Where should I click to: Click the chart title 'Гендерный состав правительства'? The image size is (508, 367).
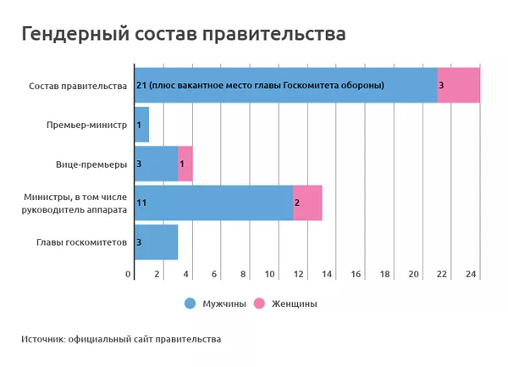(183, 34)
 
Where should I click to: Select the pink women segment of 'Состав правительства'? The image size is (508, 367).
(458, 85)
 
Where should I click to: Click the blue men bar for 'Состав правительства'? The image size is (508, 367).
(285, 85)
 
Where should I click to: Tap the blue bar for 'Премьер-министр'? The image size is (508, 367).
(141, 125)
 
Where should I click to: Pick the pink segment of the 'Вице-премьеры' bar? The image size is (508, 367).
(185, 164)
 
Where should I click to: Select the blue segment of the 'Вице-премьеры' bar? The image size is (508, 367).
(156, 164)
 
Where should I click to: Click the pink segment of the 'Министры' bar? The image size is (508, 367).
(307, 203)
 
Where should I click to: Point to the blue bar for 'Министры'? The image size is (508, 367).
(213, 203)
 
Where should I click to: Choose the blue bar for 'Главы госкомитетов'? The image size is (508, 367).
(156, 242)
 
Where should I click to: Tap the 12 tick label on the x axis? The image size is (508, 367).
(299, 275)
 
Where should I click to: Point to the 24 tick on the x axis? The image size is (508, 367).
(471, 275)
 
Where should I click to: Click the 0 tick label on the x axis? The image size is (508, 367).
(129, 275)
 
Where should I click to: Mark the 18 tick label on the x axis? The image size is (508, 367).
(385, 275)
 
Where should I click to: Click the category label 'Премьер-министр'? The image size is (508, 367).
(86, 125)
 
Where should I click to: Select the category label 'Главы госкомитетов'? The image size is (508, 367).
(81, 242)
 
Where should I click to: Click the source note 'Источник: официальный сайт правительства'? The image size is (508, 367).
(121, 339)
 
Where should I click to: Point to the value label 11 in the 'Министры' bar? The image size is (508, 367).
(141, 203)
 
